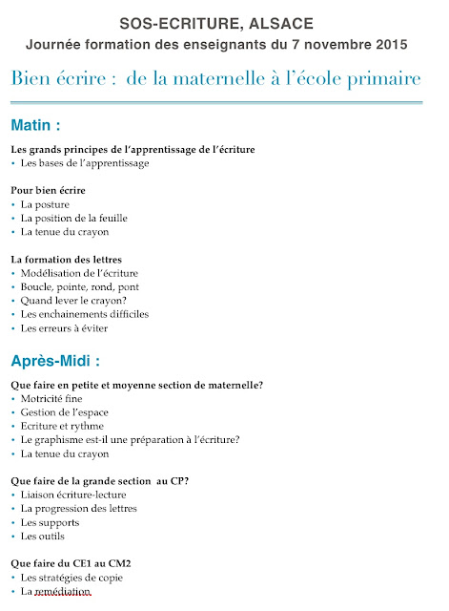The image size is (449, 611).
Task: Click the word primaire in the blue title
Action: pyautogui.click(x=380, y=78)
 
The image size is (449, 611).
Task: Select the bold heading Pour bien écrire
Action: pyautogui.click(x=48, y=190)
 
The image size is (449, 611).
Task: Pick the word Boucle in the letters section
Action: pyautogui.click(x=38, y=286)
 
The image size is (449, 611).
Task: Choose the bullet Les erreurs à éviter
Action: pyautogui.click(x=64, y=327)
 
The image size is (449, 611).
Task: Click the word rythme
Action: pyautogui.click(x=88, y=426)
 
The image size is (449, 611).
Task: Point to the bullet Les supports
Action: pyautogui.click(x=50, y=522)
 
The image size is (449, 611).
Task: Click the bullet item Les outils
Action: pyautogui.click(x=45, y=536)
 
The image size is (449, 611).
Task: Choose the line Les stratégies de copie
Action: pyautogui.click(x=71, y=578)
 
